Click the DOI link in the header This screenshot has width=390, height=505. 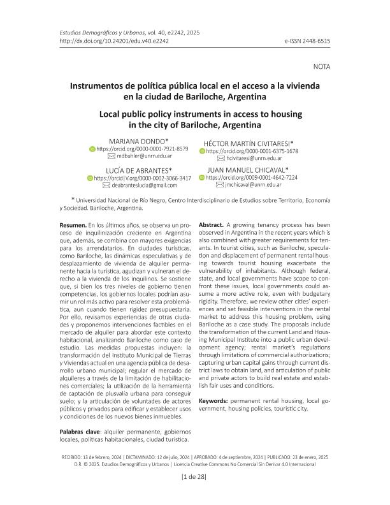[x=105, y=40]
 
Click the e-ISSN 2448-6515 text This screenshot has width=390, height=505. [x=308, y=40]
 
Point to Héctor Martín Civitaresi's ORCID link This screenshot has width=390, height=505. [x=253, y=152]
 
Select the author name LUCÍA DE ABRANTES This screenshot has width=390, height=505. [x=140, y=170]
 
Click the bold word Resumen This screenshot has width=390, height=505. [x=71, y=226]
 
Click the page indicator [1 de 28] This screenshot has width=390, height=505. [x=195, y=477]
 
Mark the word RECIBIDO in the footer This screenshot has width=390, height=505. [x=72, y=457]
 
